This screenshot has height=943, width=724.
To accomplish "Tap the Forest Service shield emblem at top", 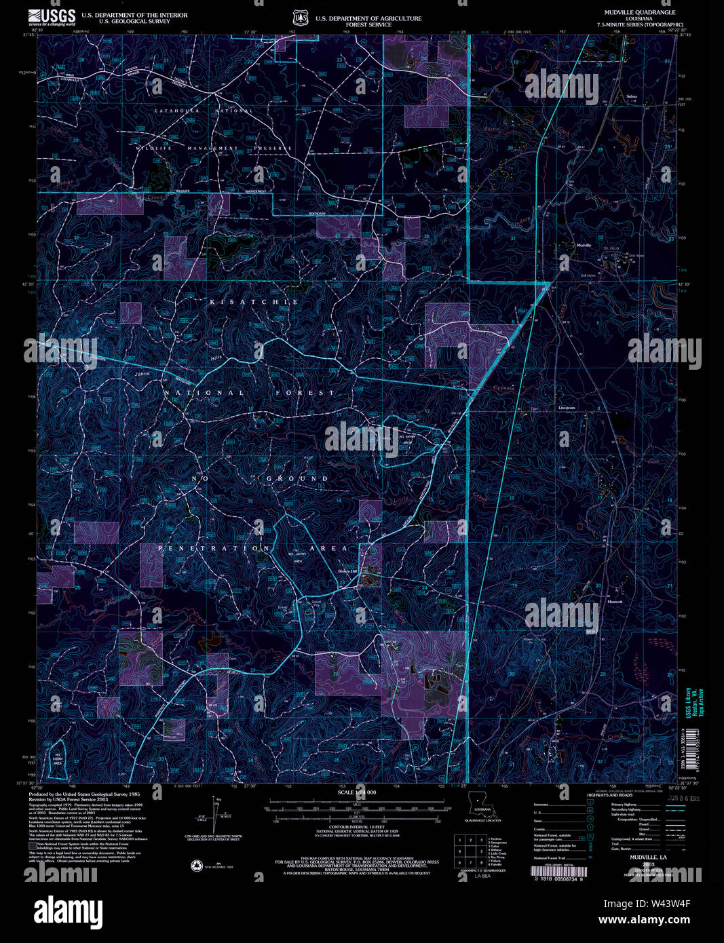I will coord(299,18).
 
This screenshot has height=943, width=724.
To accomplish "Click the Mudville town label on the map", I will coord(584,245).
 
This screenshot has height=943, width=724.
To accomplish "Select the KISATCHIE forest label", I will coord(254,301).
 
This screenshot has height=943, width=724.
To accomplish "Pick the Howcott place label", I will coord(614,602).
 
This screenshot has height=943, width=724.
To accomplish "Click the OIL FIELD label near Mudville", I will coord(611,248).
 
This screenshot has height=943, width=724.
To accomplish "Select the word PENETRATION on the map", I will coord(214,548).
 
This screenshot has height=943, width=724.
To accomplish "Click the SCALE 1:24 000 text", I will coord(357,792).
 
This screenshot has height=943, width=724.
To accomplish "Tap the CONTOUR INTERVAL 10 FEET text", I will coord(357,829).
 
